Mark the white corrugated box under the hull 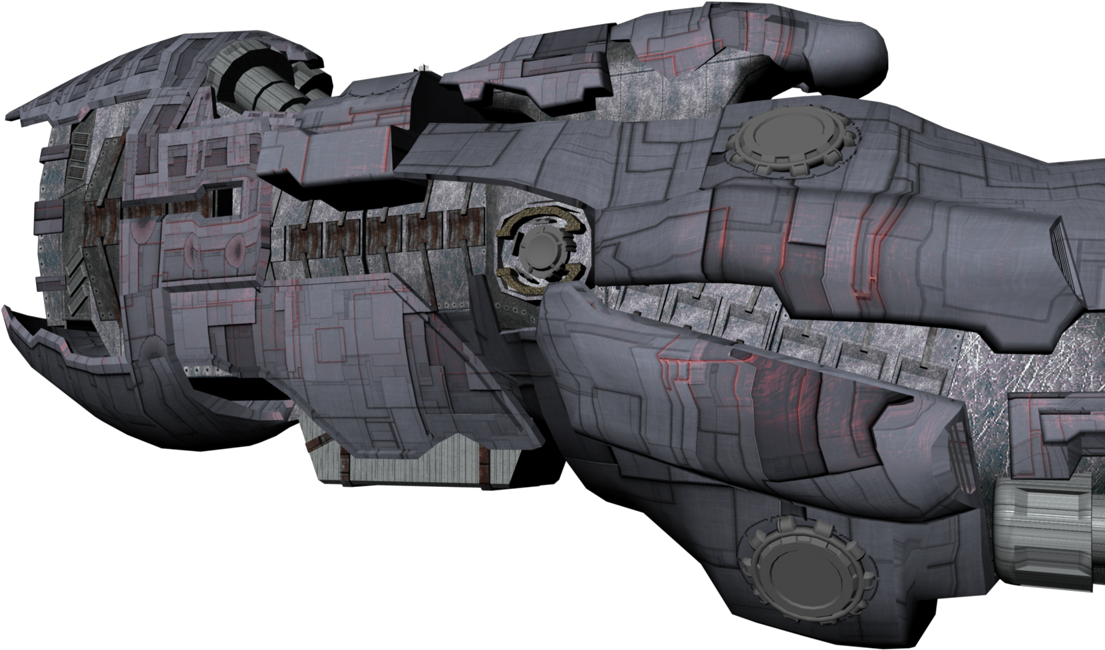[412, 463]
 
